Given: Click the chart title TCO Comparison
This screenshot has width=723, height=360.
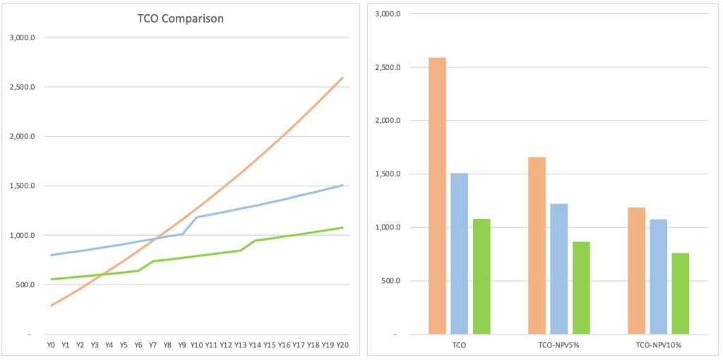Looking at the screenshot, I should tap(180, 19).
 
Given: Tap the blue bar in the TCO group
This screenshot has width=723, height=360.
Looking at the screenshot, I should tap(460, 253).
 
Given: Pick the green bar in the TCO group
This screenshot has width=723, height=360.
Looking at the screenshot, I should tap(482, 276).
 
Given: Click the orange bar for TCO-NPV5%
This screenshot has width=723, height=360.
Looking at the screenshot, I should tap(537, 245).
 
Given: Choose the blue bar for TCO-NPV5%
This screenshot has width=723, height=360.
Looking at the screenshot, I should tap(559, 268).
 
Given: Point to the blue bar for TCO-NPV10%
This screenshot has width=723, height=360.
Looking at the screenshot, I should tap(659, 276).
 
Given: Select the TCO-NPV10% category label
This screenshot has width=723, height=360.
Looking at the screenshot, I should tap(659, 345).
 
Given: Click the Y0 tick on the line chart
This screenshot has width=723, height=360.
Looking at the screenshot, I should tap(51, 345).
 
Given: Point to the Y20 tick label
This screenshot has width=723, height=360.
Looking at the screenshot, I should tap(342, 345).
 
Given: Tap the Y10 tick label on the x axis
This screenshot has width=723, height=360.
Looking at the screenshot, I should tap(196, 345).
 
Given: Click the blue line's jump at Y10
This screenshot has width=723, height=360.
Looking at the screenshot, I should tap(197, 217).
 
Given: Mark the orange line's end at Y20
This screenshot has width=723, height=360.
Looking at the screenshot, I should tap(342, 78).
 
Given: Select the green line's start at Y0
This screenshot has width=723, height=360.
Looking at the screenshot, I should tap(51, 280).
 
